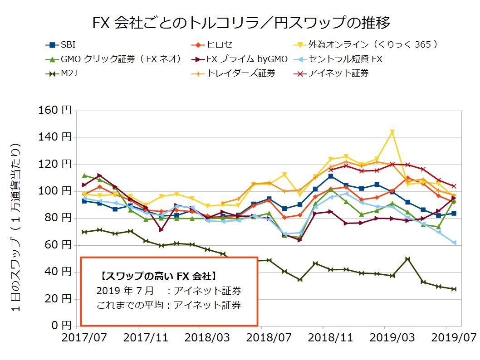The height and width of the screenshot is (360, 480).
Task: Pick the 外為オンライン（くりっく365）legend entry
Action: (372, 45)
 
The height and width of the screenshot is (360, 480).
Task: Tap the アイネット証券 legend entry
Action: (338, 73)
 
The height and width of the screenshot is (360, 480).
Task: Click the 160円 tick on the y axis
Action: (56, 111)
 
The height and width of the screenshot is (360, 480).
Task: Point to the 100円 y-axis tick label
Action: (56, 191)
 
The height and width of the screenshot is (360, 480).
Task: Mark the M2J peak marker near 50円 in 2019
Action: (407, 259)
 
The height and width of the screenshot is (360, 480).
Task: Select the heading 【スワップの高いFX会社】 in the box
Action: (157, 276)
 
